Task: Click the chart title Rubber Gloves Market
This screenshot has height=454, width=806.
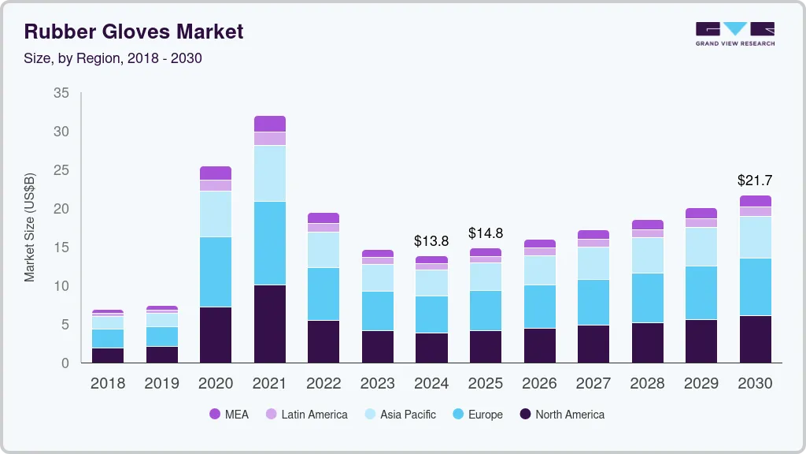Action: pyautogui.click(x=134, y=32)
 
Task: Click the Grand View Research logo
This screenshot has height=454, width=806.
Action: pyautogui.click(x=734, y=33)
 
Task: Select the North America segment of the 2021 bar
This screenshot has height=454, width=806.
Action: pyautogui.click(x=270, y=323)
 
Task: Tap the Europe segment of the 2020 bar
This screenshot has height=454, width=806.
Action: pyautogui.click(x=216, y=272)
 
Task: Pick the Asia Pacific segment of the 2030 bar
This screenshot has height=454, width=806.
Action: pyautogui.click(x=756, y=236)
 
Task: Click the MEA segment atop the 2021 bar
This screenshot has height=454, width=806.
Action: pyautogui.click(x=270, y=124)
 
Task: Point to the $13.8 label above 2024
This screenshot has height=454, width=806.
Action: pyautogui.click(x=431, y=240)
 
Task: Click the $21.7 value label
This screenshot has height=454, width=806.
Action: pyautogui.click(x=755, y=180)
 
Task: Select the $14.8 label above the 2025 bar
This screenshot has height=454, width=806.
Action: pyautogui.click(x=486, y=233)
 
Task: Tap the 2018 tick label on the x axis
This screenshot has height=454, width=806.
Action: pyautogui.click(x=107, y=383)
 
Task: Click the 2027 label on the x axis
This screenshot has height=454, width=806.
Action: pyautogui.click(x=593, y=383)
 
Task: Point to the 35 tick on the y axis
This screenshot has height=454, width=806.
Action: pyautogui.click(x=61, y=93)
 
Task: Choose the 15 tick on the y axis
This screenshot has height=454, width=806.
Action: pyautogui.click(x=61, y=247)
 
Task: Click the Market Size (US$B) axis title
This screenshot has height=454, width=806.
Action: pyautogui.click(x=30, y=228)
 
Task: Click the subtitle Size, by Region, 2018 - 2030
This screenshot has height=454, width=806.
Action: pyautogui.click(x=113, y=58)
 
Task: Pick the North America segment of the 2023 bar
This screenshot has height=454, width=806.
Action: pyautogui.click(x=378, y=347)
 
